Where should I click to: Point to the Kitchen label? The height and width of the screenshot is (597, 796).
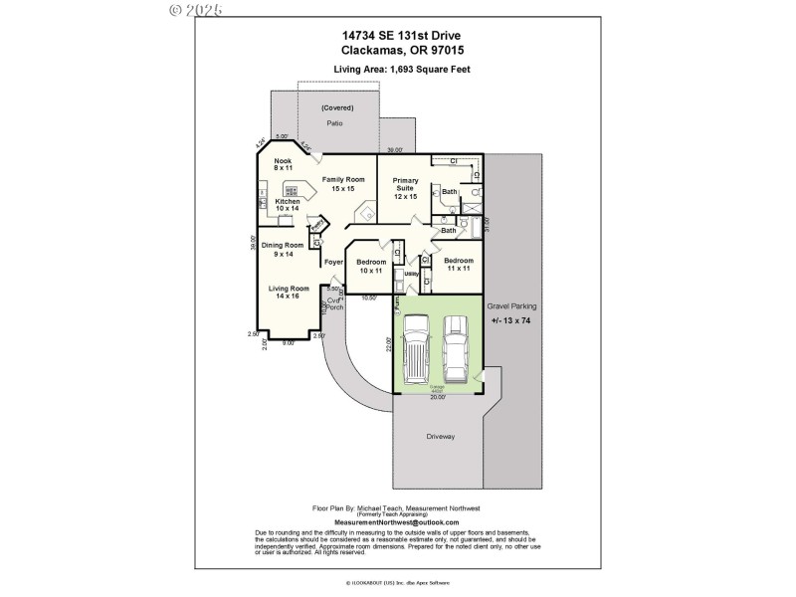[x=288, y=205]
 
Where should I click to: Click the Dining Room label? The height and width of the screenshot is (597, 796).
[x=283, y=249]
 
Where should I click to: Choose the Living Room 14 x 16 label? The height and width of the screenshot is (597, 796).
[x=288, y=292]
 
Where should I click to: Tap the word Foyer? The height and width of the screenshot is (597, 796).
[x=334, y=262]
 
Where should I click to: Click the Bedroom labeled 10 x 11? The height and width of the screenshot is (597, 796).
[x=372, y=266]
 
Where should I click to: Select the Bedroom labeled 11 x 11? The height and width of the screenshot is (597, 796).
[x=459, y=264]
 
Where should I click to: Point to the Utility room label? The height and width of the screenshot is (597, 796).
[x=410, y=273]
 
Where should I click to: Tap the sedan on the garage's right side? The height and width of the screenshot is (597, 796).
[x=455, y=349]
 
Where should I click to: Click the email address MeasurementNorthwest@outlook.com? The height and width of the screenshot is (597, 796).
[x=397, y=522]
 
